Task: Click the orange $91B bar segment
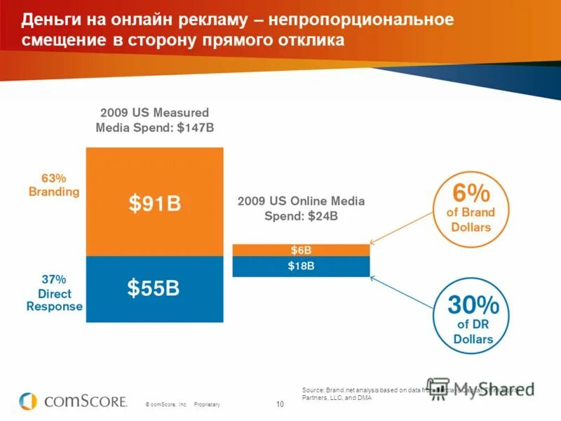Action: click(154, 202)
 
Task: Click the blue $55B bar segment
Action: click(154, 288)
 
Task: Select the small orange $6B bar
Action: click(301, 250)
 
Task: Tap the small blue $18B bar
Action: click(301, 266)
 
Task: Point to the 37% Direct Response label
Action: click(55, 293)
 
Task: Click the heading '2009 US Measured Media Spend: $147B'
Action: click(154, 120)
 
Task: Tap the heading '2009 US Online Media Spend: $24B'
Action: click(301, 208)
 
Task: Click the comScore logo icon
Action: click(28, 401)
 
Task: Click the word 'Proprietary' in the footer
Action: click(208, 405)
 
